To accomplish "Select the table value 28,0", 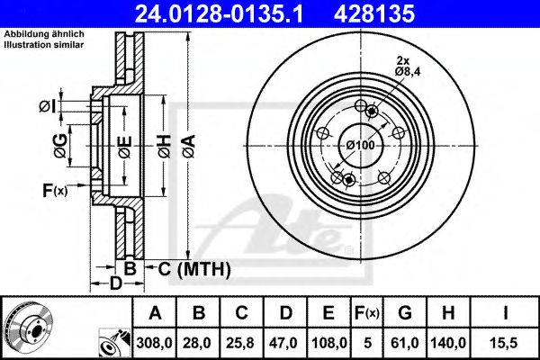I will point(201,342).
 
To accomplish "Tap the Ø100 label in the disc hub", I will point(360,145).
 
